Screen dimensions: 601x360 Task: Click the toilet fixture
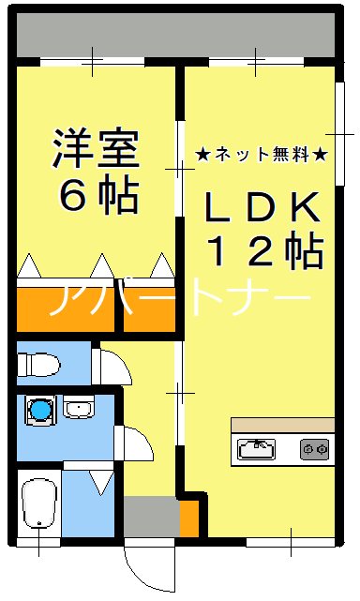[x=39, y=364]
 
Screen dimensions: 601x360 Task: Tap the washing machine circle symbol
[x=39, y=410]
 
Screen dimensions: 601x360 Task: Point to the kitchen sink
[x=255, y=448]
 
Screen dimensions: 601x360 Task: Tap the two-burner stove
[x=315, y=449]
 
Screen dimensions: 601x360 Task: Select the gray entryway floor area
[x=150, y=517]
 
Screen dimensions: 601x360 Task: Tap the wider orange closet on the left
[x=64, y=306]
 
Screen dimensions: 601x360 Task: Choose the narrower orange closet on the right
[x=150, y=306]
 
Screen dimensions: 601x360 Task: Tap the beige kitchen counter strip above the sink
[x=282, y=426]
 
